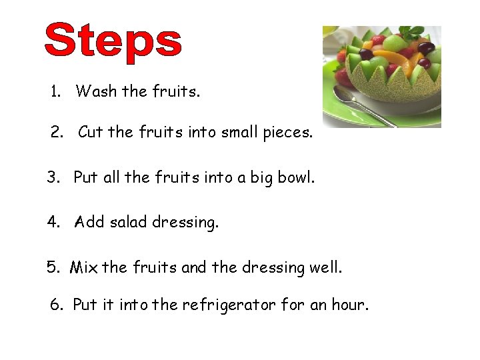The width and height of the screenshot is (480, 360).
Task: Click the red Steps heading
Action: [x=113, y=41]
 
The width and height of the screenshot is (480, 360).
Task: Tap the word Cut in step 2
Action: [x=90, y=132]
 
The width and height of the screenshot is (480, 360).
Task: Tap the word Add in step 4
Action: [x=89, y=222]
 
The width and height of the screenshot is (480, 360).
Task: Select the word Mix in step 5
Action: [x=84, y=267]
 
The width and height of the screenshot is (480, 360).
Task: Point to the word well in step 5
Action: [x=326, y=267]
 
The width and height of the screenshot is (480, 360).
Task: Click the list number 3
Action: [x=53, y=178]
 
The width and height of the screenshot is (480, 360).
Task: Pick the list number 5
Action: [x=53, y=267]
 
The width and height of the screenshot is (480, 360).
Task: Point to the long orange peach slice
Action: [x=400, y=66]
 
